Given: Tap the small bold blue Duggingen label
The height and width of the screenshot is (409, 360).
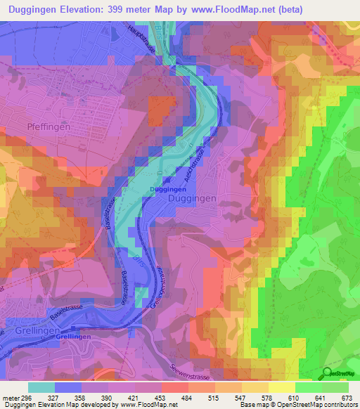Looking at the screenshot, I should [x=167, y=190].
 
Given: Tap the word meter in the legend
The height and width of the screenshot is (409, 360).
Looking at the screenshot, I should [x=9, y=397].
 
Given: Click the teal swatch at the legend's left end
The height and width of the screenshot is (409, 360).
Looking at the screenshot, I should [x=41, y=387].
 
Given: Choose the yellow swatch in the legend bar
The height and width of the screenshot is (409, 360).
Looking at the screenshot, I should [x=282, y=387].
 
